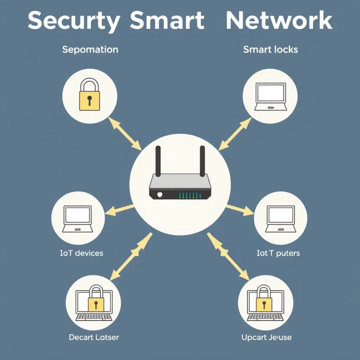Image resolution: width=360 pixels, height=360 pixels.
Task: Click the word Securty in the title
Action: click(73, 21)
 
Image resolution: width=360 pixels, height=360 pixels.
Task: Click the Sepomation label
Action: click(90, 50)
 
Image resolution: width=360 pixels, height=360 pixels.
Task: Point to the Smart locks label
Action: click(270, 50)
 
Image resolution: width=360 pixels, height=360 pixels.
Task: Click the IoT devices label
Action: click(82, 253)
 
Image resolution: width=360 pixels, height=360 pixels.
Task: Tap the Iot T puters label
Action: click(278, 253)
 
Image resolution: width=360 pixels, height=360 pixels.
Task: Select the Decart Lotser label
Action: click(94, 337)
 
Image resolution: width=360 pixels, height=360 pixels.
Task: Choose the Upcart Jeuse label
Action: click(266, 337)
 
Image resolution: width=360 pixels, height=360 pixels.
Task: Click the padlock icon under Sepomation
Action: click(90, 95)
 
